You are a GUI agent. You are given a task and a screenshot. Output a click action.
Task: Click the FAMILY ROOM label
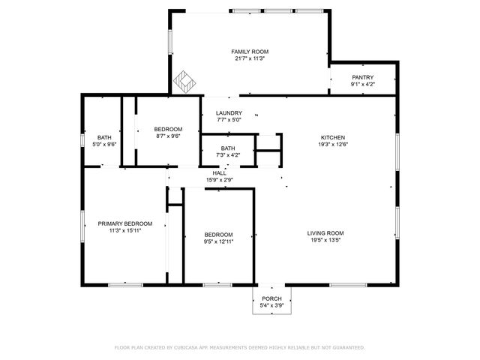(250, 51)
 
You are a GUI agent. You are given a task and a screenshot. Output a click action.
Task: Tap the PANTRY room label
(362, 77)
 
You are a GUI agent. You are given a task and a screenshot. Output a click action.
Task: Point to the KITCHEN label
(333, 137)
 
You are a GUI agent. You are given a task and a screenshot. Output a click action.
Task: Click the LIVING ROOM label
(325, 232)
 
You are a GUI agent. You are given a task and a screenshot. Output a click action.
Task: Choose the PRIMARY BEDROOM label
(125, 223)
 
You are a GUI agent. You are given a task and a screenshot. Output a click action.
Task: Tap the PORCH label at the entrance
(271, 298)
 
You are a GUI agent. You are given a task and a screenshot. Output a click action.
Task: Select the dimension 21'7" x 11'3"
(250, 58)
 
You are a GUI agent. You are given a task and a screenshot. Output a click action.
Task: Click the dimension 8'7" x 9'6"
(168, 136)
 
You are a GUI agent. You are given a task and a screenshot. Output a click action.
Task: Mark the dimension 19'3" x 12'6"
(333, 145)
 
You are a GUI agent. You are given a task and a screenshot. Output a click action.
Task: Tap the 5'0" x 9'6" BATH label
(104, 137)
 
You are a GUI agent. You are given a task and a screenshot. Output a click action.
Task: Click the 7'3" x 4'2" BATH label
(228, 148)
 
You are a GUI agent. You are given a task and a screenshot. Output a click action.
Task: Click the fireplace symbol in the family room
(184, 79)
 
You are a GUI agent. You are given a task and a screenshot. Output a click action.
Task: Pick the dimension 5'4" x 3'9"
(271, 306)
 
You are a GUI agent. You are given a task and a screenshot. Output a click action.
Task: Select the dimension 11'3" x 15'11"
(125, 231)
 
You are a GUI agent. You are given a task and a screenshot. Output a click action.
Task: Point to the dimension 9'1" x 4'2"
(362, 85)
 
